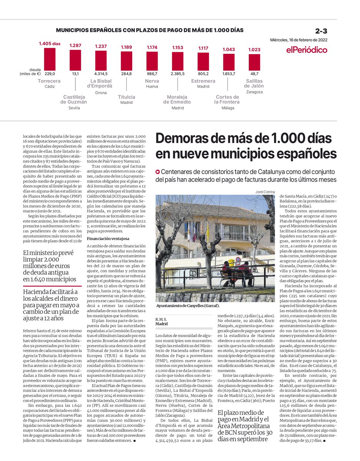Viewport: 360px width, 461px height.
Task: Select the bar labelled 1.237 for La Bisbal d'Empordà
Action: pyautogui.click(x=101, y=60)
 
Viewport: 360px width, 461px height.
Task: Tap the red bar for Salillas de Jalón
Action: pyautogui.click(x=254, y=62)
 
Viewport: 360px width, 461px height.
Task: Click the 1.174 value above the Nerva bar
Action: pyautogui.click(x=152, y=47)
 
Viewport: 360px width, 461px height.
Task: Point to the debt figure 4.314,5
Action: pyautogui.click(x=101, y=74)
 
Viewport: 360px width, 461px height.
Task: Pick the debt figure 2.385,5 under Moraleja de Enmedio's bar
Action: pyautogui.click(x=178, y=74)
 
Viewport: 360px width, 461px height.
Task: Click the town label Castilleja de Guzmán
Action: pyautogui.click(x=74, y=99)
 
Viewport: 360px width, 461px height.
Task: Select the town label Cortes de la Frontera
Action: pyautogui.click(x=227, y=99)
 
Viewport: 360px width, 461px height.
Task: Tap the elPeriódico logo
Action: pyautogui.click(x=307, y=50)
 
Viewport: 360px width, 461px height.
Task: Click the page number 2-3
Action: pyautogui.click(x=321, y=31)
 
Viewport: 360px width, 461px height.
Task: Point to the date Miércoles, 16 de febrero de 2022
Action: pyautogui.click(x=299, y=40)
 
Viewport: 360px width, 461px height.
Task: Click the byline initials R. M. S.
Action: pyautogui.click(x=162, y=319)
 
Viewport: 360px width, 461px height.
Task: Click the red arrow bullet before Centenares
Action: pyautogui.click(x=158, y=171)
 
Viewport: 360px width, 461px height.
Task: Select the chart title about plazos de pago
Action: pyautogui.click(x=149, y=30)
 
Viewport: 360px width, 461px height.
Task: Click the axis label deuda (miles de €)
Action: pyautogui.click(x=30, y=72)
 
